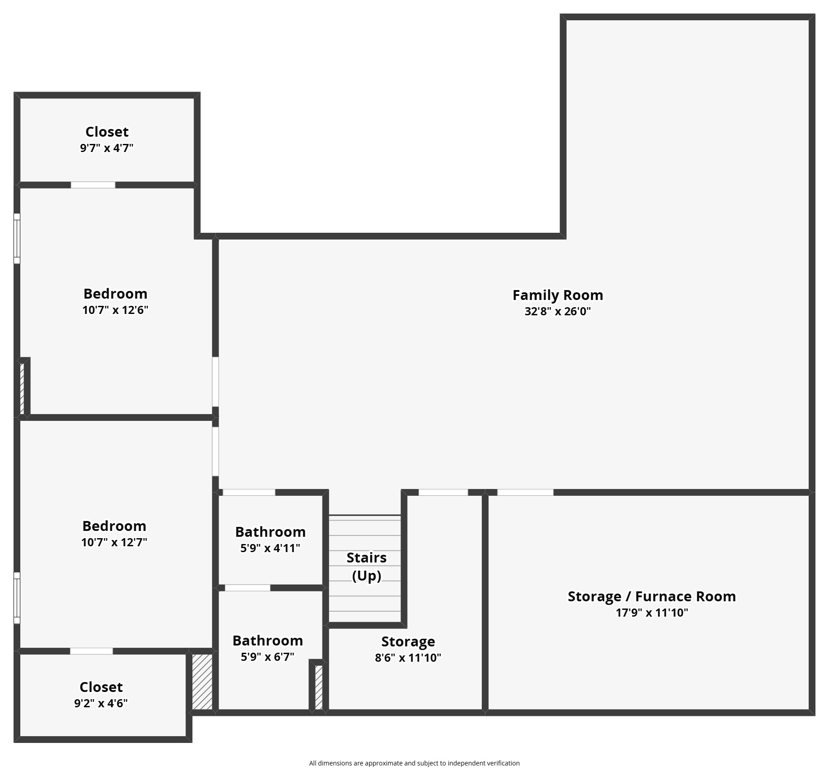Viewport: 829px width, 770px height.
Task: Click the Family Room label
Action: [x=558, y=295]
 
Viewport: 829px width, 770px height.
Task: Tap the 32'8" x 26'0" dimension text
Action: [x=558, y=311]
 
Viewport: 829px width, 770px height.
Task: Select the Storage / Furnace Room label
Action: [x=652, y=596]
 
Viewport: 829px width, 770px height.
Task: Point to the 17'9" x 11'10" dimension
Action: [x=652, y=613]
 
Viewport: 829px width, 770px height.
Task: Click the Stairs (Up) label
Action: [x=367, y=567]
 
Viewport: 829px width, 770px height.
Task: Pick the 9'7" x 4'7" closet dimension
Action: [x=107, y=148]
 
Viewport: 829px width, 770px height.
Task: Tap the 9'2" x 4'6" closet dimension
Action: [x=101, y=703]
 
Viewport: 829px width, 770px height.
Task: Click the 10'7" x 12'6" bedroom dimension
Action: [x=115, y=310]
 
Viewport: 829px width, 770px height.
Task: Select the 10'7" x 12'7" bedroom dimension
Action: [x=114, y=542]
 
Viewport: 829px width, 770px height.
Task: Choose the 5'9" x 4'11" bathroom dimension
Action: [x=270, y=548]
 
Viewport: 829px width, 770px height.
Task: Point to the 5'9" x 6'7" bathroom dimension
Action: [x=268, y=657]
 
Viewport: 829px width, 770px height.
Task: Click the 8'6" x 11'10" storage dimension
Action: [x=408, y=658]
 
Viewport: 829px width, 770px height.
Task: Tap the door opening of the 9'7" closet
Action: [x=93, y=185]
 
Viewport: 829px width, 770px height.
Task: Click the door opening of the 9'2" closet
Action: [x=91, y=651]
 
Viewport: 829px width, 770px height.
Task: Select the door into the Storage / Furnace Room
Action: [x=525, y=492]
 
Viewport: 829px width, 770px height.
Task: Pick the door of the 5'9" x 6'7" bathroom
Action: [x=247, y=588]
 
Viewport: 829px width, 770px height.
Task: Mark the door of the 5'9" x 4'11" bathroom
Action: [x=249, y=492]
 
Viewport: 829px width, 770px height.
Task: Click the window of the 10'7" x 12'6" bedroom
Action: [x=17, y=238]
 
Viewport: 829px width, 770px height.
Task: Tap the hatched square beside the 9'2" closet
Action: [x=202, y=682]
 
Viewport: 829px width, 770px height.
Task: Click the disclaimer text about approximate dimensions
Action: [x=414, y=763]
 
